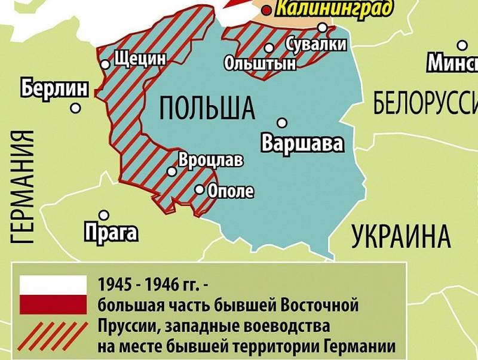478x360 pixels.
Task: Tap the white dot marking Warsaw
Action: (283, 122)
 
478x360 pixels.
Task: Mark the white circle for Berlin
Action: (75, 108)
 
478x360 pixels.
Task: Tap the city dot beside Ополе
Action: (200, 190)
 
